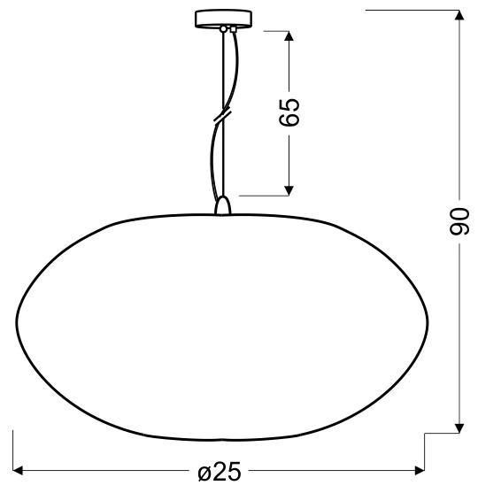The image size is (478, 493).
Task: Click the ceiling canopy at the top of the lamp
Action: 222,19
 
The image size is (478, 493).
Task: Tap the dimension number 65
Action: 289,112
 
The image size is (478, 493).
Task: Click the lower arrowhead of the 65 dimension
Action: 289,188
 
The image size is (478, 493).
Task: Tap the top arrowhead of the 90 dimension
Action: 459,16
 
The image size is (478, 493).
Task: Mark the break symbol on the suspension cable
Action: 221,116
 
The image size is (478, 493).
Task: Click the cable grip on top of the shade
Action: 222,205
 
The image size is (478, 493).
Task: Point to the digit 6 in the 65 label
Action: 289,121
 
